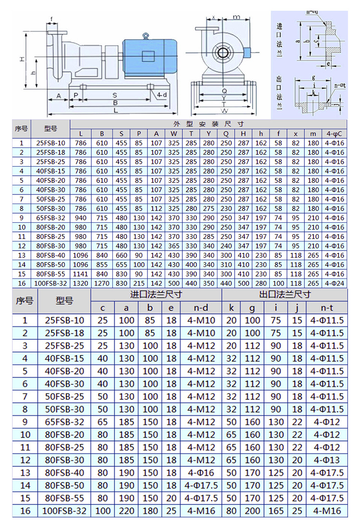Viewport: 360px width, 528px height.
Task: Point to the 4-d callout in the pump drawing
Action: [162, 96]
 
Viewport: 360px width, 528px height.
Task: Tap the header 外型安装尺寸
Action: [209, 124]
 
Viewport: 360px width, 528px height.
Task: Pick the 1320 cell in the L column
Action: [81, 284]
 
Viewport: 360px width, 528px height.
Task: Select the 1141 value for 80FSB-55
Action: [81, 274]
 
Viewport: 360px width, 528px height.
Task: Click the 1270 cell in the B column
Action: [102, 284]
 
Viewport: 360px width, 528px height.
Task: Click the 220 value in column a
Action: [127, 511]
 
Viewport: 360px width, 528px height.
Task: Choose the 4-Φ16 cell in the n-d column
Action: [201, 473]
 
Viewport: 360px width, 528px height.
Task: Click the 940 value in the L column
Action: [81, 218]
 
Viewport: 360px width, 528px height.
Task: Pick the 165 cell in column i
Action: [276, 511]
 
